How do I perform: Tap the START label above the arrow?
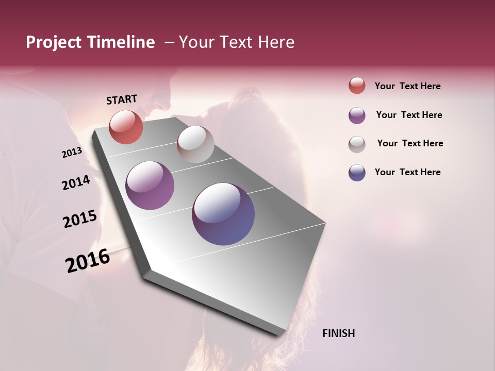122,99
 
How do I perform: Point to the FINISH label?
338,333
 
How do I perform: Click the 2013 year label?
72,153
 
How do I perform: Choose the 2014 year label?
76,182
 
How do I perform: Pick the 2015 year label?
80,219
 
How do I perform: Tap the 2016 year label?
88,261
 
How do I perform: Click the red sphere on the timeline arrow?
126,127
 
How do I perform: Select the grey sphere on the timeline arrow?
195,144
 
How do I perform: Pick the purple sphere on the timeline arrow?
150,185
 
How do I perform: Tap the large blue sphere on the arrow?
223,214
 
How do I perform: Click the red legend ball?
357,86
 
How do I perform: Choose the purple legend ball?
357,115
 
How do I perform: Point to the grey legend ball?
357,144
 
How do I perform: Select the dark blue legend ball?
357,173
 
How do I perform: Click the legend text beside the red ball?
407,86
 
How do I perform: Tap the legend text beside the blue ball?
407,172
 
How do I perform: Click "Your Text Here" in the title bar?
237,42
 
